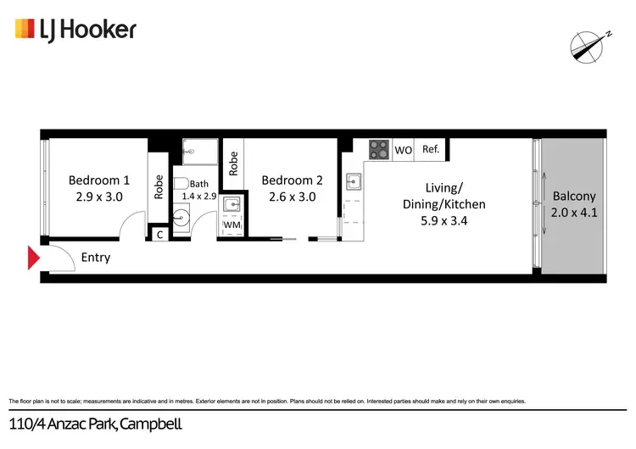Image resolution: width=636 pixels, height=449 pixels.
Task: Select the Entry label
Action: coord(96,258)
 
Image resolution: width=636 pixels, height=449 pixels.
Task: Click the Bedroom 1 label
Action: coord(99,180)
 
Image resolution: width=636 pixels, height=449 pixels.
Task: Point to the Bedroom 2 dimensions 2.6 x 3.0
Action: coord(292,197)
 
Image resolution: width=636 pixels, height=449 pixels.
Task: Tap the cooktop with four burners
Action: coord(379,150)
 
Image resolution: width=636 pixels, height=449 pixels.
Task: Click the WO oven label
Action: coord(404,151)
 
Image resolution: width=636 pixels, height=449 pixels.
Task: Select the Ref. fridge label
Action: coord(430,150)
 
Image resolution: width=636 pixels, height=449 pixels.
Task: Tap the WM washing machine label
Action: coord(231,227)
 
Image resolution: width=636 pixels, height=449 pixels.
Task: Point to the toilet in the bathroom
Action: coord(181,184)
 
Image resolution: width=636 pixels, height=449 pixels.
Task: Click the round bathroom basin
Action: coord(181,219)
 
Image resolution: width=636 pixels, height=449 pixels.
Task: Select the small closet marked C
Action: coord(159,234)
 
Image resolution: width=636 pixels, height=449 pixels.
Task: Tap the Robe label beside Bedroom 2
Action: coord(232,161)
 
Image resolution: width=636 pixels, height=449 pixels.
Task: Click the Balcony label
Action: coord(574,197)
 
